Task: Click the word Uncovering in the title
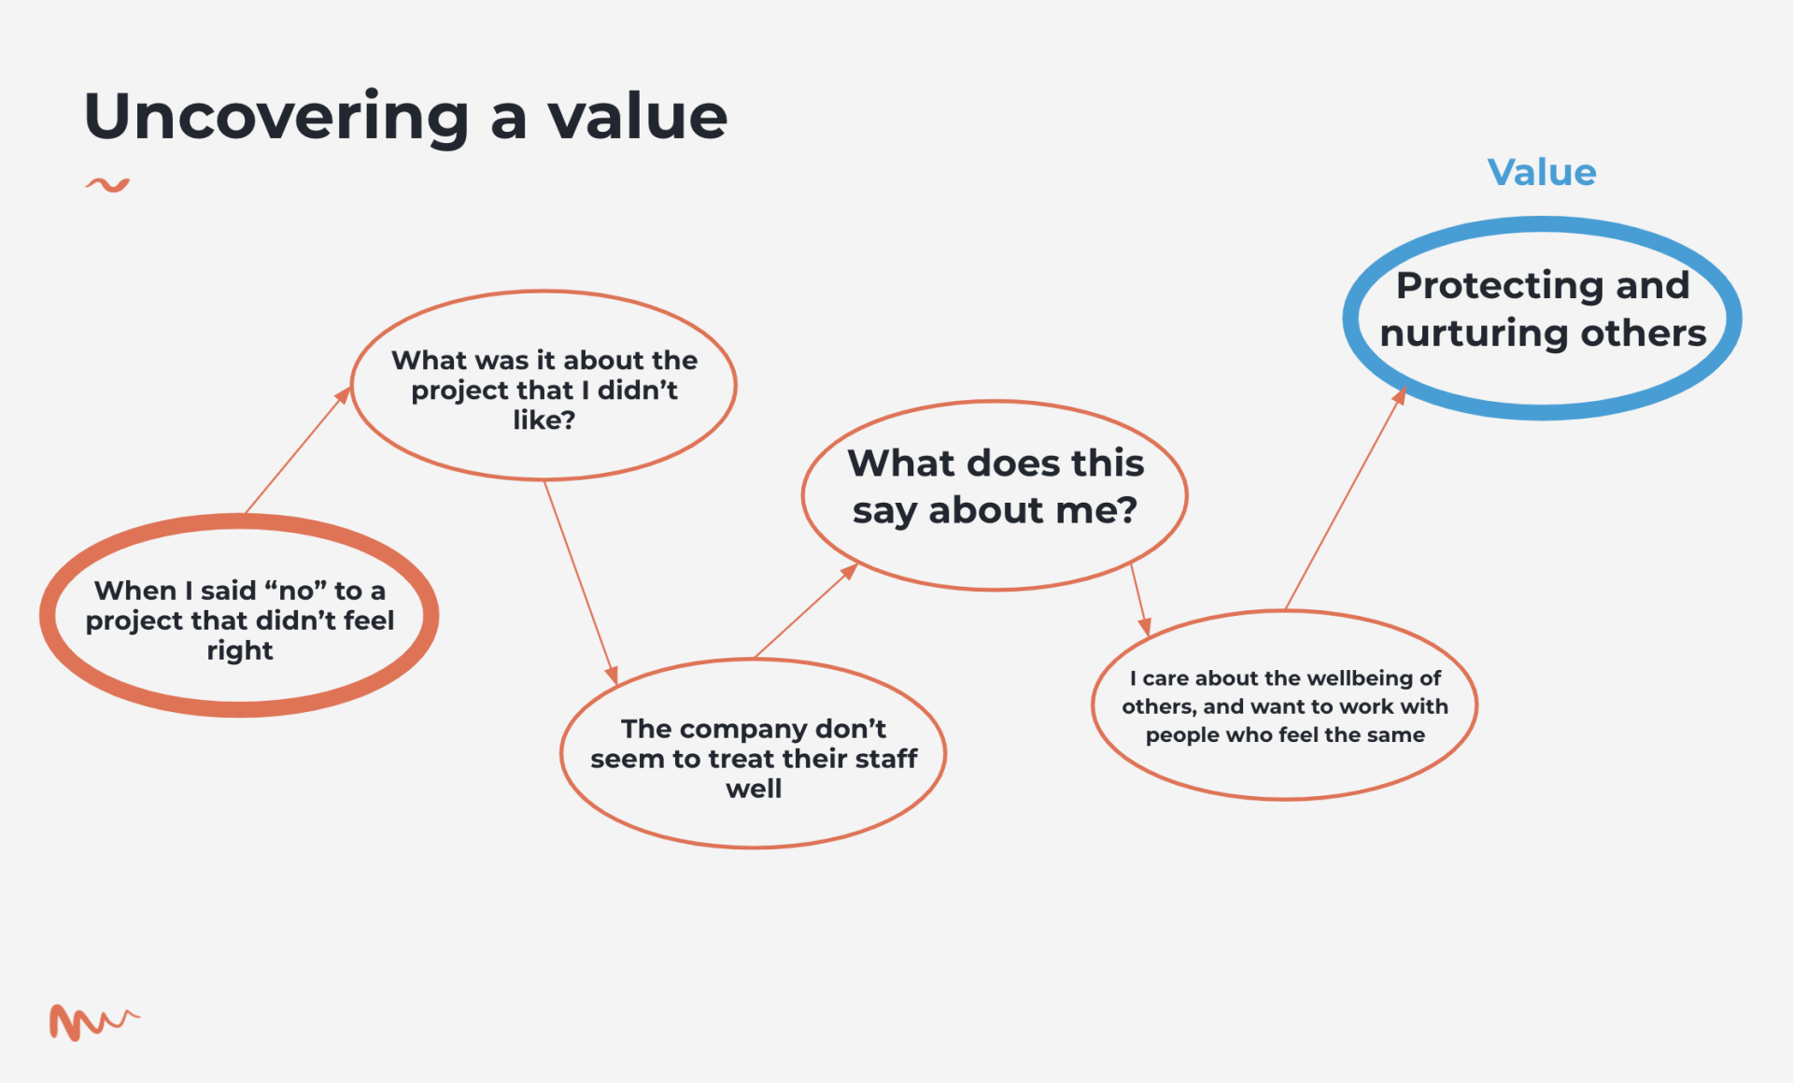pyautogui.click(x=276, y=117)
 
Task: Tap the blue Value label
pyautogui.click(x=1542, y=173)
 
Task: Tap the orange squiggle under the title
pyautogui.click(x=107, y=185)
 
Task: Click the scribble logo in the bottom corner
pyautogui.click(x=92, y=1022)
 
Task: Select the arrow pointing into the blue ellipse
pyautogui.click(x=1346, y=498)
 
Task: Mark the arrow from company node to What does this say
pyautogui.click(x=806, y=610)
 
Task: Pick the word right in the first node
pyautogui.click(x=240, y=651)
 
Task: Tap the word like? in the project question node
pyautogui.click(x=544, y=420)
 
